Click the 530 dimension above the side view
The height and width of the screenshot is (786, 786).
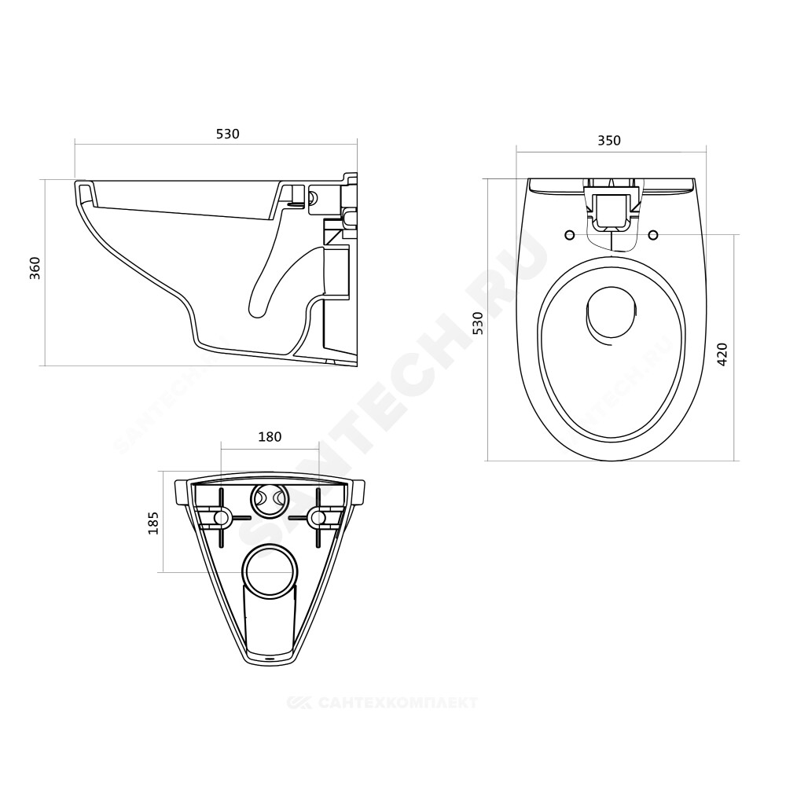[x=228, y=134]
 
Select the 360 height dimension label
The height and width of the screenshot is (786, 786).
[x=35, y=268]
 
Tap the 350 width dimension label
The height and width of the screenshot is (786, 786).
[x=609, y=141]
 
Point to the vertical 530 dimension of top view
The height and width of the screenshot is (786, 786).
[x=479, y=323]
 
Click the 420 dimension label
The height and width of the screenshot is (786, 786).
[x=722, y=354]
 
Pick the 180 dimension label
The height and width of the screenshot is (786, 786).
[x=270, y=437]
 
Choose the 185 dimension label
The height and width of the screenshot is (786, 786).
[x=153, y=523]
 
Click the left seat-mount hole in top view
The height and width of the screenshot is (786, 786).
[x=569, y=234]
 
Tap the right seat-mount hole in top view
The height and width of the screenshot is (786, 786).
[x=653, y=234]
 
